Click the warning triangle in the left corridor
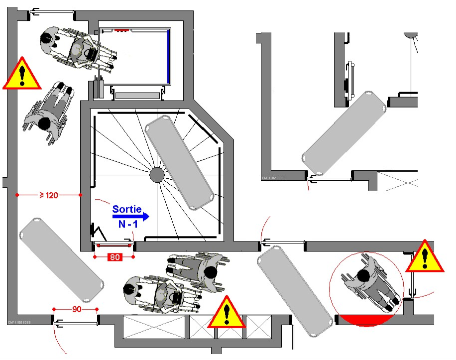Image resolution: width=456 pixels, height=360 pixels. coord(22,74)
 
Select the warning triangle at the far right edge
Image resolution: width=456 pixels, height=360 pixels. coord(425,257)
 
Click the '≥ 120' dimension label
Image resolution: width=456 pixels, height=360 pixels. coord(49,195)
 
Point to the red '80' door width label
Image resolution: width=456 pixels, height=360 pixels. coord(114,257)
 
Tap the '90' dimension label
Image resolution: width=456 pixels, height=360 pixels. coord(76,309)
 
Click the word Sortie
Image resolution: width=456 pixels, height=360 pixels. coord(127,209)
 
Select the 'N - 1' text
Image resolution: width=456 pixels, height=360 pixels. coord(128,225)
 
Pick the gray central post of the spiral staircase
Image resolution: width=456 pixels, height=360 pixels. coord(157,175)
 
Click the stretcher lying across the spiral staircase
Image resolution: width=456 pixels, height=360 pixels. coord(181,162)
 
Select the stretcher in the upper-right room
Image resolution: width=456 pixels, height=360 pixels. coord(344,132)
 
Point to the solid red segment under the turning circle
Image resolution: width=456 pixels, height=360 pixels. coord(365,319)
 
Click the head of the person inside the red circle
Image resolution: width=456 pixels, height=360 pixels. coord(363,275)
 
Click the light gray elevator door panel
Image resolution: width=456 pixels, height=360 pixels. coord(138,95)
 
